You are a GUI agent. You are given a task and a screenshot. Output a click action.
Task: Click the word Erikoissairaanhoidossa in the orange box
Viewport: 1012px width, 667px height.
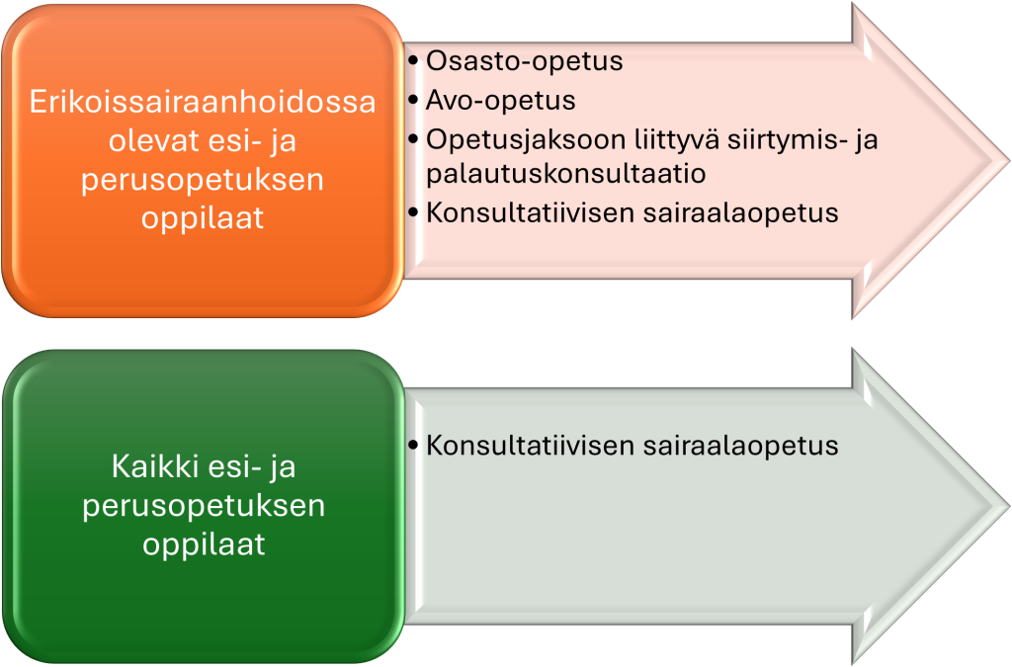[203, 102]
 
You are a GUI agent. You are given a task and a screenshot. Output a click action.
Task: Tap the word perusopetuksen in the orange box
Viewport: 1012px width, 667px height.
[202, 181]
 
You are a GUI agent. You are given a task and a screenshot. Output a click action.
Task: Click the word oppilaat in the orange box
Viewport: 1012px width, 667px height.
[203, 218]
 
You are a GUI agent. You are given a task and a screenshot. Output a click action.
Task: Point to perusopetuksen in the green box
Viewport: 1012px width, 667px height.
[204, 506]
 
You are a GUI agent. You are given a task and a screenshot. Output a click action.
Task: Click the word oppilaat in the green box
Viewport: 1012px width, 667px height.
[204, 544]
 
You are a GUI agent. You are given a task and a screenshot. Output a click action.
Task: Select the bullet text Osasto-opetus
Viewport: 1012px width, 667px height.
[524, 61]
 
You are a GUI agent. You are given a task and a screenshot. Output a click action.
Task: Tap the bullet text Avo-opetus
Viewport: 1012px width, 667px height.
[500, 101]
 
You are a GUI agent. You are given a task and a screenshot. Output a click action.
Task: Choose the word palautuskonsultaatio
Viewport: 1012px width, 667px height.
[566, 174]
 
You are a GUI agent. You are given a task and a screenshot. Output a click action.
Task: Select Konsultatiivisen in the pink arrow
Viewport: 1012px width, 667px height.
[531, 212]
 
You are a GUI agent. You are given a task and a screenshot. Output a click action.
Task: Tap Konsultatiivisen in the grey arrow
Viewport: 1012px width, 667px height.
[531, 446]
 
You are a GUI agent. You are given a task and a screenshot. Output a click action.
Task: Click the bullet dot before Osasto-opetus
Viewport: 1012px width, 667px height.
[414, 61]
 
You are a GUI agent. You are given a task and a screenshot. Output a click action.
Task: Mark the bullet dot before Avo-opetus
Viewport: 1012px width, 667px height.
[414, 101]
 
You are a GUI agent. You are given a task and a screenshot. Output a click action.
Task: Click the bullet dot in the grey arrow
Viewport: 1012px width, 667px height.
[414, 446]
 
